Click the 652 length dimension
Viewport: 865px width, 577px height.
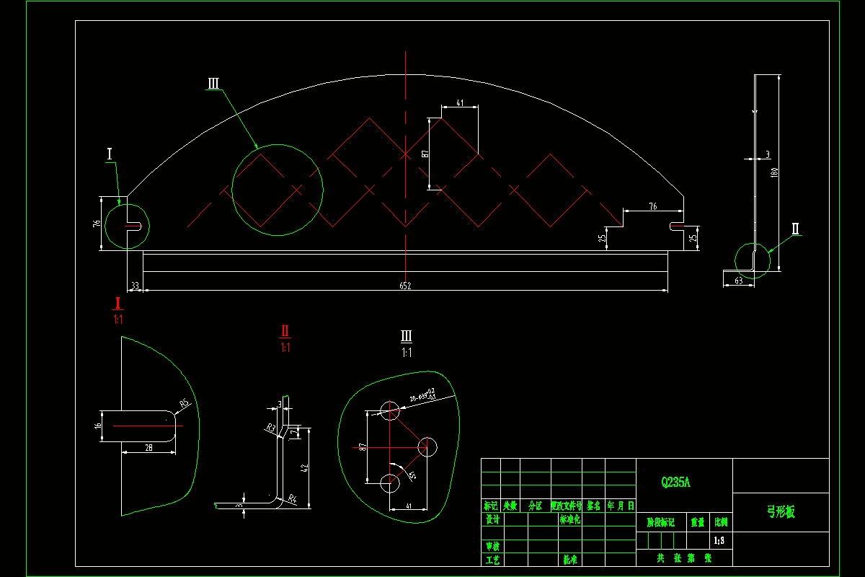click(405, 286)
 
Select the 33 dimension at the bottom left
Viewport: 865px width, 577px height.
click(134, 286)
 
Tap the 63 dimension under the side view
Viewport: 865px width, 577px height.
click(738, 281)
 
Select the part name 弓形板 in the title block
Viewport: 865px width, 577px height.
click(780, 512)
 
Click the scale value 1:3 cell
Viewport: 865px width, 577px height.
click(719, 540)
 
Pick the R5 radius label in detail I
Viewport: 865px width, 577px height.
click(184, 403)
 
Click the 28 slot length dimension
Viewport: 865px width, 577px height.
click(148, 448)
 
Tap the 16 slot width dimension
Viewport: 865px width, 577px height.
click(98, 426)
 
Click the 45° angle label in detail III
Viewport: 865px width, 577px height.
click(412, 475)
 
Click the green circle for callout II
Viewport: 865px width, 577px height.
click(752, 259)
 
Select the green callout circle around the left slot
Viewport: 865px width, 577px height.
click(127, 226)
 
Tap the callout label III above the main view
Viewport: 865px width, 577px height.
click(213, 84)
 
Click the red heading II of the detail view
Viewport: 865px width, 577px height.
click(285, 332)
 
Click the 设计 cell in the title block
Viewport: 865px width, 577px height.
click(492, 519)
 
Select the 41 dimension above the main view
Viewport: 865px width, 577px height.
click(459, 103)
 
